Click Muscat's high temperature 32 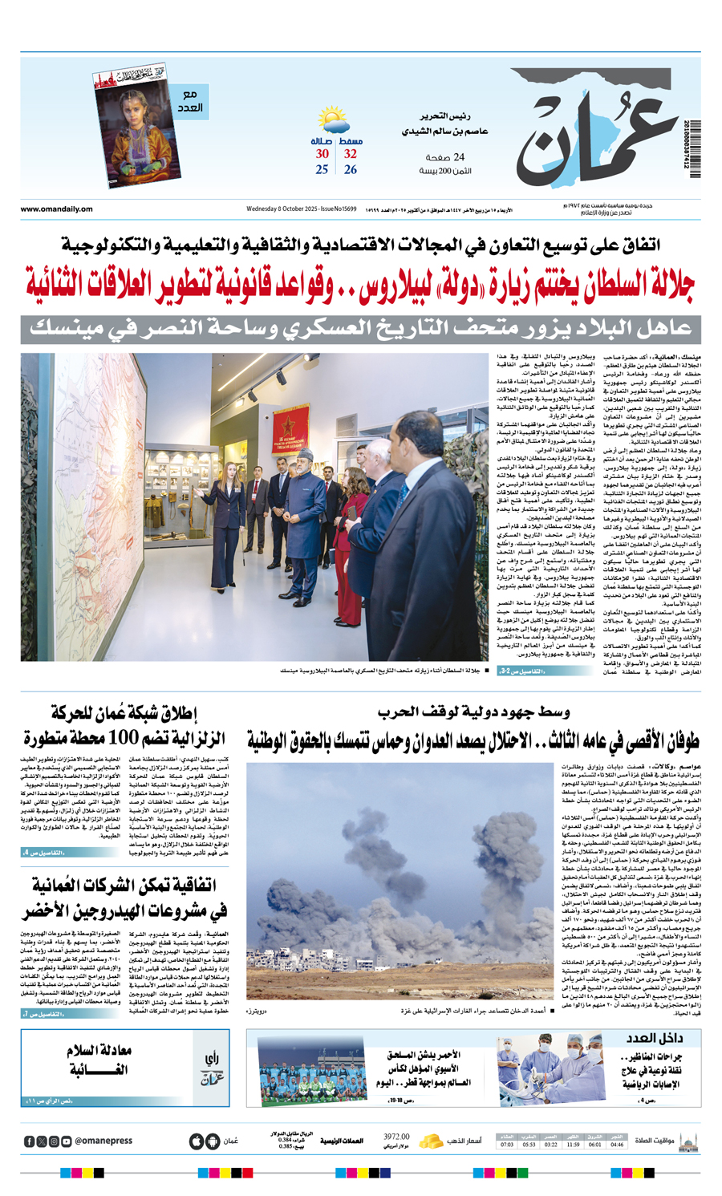351,154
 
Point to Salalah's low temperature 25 322,170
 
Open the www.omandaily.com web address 57,209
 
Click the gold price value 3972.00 396,1137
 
